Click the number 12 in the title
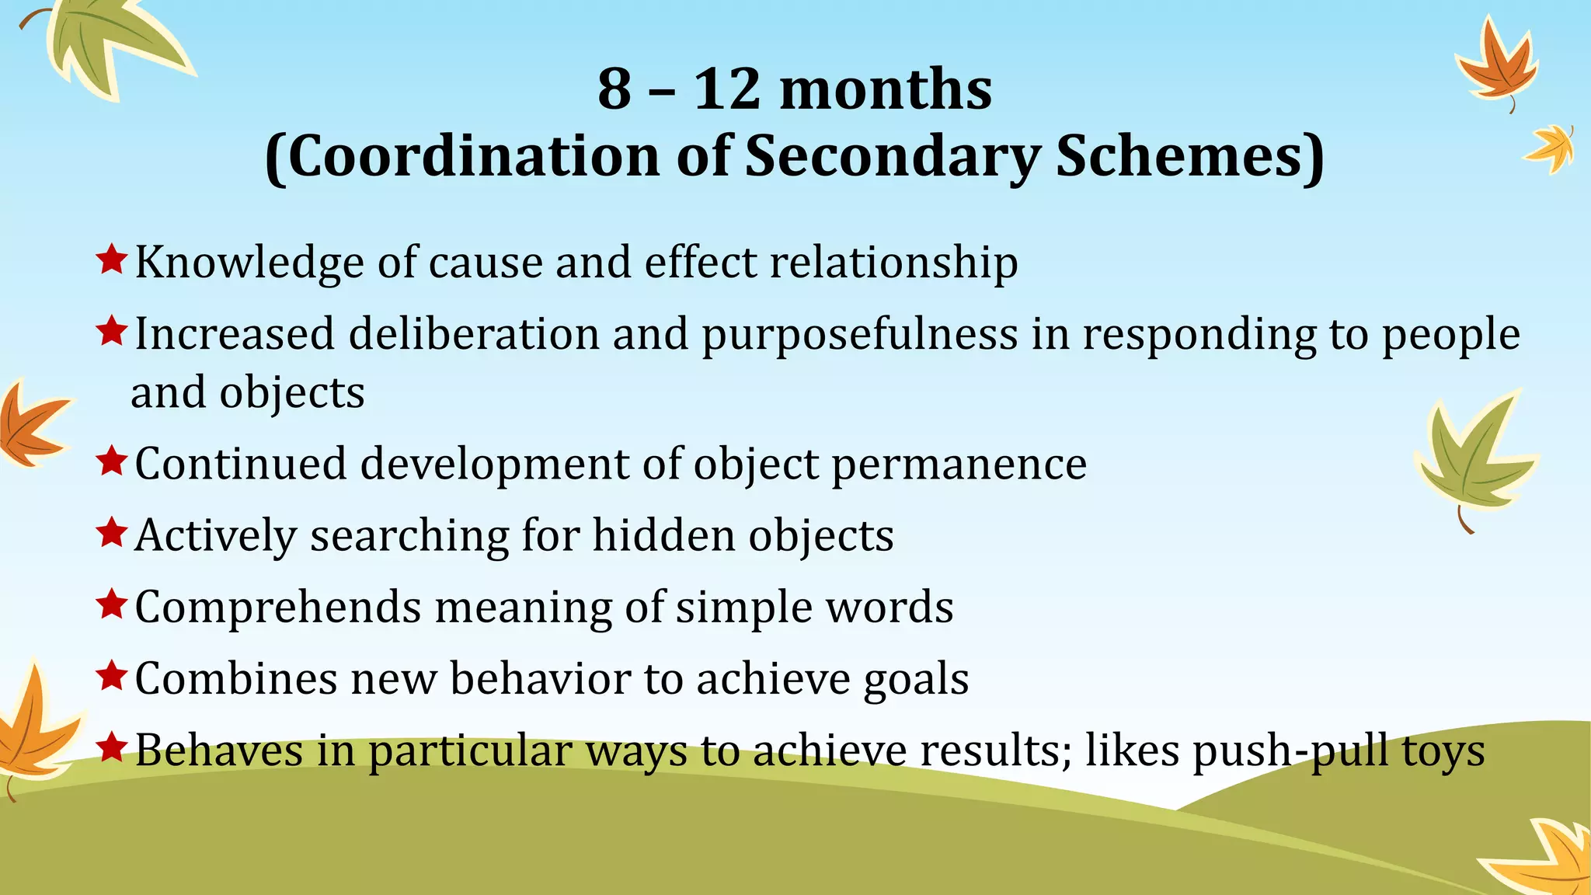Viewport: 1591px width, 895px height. [x=726, y=89]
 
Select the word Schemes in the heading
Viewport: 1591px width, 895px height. [x=1189, y=157]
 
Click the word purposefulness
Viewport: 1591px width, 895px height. [x=860, y=336]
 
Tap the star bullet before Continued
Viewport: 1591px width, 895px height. [x=112, y=461]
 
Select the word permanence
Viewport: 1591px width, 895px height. [x=959, y=465]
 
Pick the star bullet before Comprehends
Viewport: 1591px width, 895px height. [x=112, y=604]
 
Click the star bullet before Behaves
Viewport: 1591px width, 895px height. [x=112, y=747]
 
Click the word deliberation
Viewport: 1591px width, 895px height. [x=473, y=335]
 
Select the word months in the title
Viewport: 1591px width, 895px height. [x=885, y=89]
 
